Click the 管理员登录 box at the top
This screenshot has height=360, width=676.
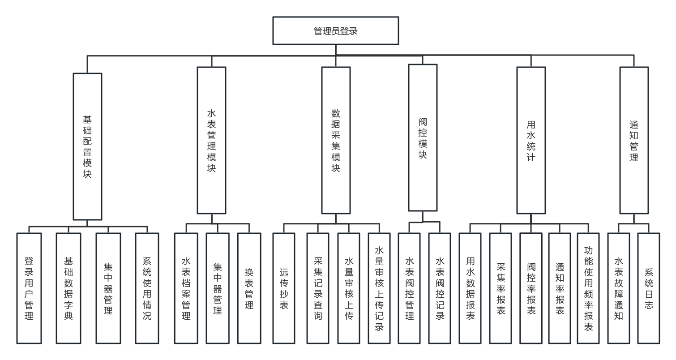336,31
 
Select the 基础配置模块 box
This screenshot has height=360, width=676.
87,146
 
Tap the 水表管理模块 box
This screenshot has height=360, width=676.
212,140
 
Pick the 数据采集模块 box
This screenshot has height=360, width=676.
336,140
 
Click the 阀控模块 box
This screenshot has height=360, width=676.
423,137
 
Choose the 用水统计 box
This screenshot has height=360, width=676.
531,140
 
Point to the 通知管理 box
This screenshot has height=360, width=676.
634,140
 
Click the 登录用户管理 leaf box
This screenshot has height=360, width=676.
29,288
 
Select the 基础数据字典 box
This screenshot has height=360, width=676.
68,288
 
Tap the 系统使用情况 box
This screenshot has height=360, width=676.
147,288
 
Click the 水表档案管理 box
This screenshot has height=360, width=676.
186,288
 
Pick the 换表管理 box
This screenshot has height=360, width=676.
249,288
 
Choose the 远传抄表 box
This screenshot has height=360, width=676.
284,288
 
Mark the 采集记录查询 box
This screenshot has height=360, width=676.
318,288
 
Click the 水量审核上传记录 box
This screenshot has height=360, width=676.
379,288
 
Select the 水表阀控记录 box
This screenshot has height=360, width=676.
440,288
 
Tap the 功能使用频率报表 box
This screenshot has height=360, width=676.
588,288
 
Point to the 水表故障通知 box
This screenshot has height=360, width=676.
619,288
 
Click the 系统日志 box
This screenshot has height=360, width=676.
649,288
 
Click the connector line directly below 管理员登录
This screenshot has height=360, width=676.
336,50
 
